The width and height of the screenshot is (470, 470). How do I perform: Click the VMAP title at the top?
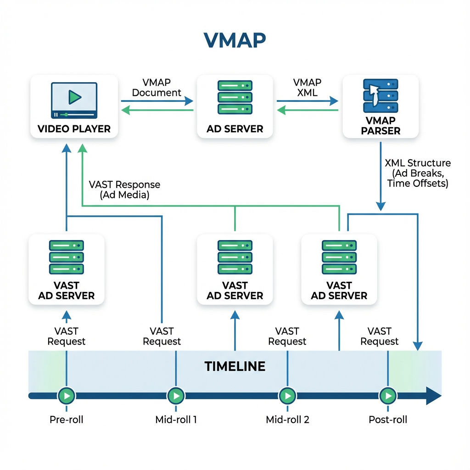pyautogui.click(x=235, y=40)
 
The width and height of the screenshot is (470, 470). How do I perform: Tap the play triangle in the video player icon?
pyautogui.click(x=74, y=96)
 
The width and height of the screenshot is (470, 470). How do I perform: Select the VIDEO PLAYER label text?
pyautogui.click(x=74, y=129)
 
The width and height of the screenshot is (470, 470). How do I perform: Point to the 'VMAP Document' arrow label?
pyautogui.click(x=157, y=88)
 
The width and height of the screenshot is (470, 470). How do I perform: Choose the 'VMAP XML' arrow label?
pyautogui.click(x=307, y=88)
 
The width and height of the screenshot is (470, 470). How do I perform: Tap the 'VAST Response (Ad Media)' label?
pyautogui.click(x=124, y=190)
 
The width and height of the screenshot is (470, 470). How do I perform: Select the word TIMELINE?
pyautogui.click(x=235, y=366)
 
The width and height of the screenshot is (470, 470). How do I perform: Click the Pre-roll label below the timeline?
pyautogui.click(x=67, y=420)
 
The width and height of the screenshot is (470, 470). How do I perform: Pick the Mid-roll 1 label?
pyautogui.click(x=176, y=420)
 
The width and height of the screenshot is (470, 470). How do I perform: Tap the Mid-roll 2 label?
pyautogui.click(x=287, y=420)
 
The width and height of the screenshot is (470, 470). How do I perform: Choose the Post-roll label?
pyautogui.click(x=388, y=420)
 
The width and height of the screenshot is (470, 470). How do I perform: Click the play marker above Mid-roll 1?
pyautogui.click(x=176, y=395)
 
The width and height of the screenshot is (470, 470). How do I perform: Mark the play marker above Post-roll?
pyautogui.click(x=388, y=395)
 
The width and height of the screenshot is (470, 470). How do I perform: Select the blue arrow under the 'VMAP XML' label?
pyautogui.click(x=308, y=101)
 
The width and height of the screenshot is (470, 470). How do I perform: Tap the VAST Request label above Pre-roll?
pyautogui.click(x=67, y=336)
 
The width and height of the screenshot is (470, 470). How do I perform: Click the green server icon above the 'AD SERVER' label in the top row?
pyautogui.click(x=235, y=97)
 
